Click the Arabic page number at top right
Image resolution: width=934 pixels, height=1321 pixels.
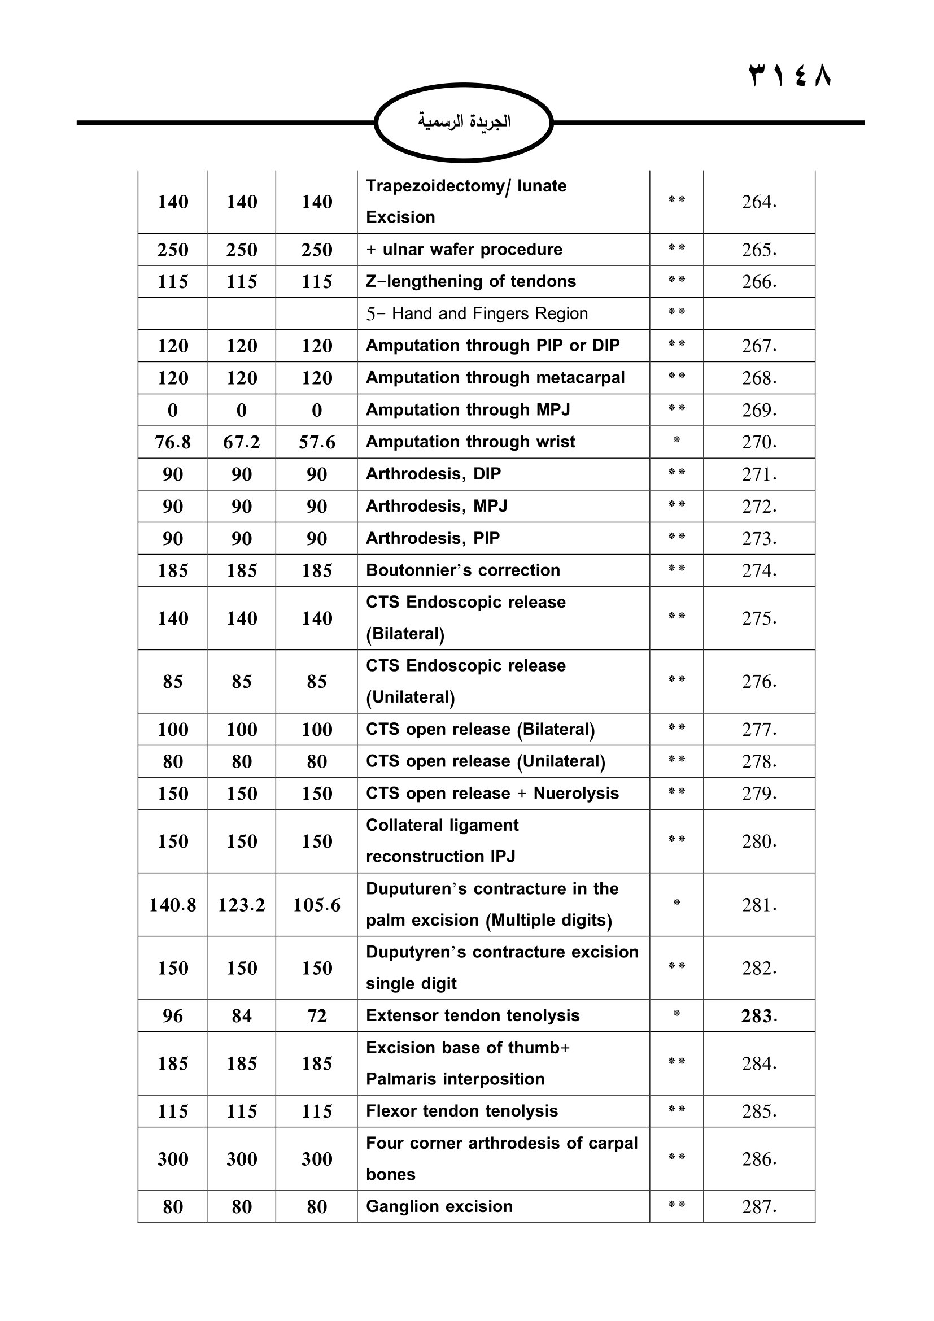pos(789,76)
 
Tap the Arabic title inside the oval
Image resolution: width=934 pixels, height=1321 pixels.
pos(464,121)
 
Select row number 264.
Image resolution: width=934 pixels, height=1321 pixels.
pos(758,202)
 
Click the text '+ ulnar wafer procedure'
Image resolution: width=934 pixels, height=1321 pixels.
pos(464,250)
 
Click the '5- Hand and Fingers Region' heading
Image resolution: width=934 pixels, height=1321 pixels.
pos(477,313)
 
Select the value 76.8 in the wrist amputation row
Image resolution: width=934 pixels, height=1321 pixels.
pos(173,442)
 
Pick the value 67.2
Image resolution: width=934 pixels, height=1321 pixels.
pos(242,442)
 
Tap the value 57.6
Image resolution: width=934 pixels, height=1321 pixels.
pos(316,442)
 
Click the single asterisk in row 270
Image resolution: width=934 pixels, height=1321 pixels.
pos(677,440)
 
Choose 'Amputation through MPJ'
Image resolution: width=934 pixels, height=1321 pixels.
pos(468,409)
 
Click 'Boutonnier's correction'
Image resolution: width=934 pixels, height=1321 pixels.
pos(463,570)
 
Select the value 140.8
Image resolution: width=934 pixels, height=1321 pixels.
pos(173,905)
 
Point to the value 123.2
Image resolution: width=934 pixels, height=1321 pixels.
pos(242,905)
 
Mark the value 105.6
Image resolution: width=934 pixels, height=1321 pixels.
pos(316,905)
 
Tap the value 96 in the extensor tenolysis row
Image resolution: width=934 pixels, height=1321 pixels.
pos(173,1016)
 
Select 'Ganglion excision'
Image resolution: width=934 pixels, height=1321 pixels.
pos(439,1206)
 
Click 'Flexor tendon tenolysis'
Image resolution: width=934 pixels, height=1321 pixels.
pos(462,1111)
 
